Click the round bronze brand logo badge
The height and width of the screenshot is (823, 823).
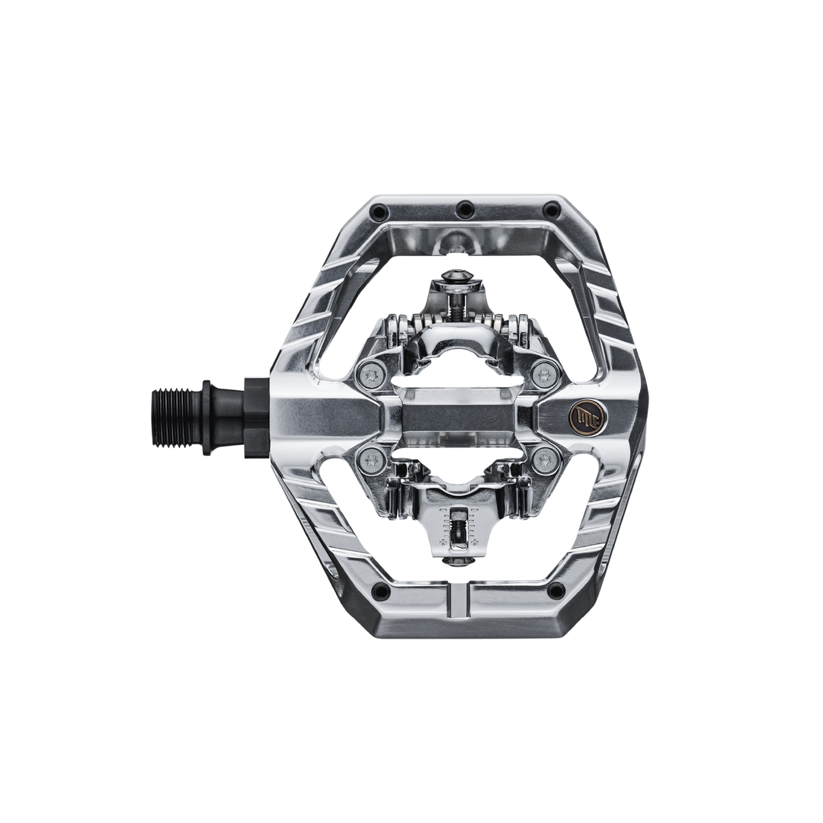(583, 415)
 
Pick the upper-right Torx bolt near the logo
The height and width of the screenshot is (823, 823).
(544, 373)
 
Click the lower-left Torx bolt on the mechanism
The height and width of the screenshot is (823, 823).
(371, 460)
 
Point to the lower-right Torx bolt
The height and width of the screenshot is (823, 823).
(544, 460)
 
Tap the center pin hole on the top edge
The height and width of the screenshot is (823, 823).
(464, 209)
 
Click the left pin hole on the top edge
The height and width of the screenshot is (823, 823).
(379, 210)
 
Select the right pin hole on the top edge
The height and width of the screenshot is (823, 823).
(550, 210)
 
